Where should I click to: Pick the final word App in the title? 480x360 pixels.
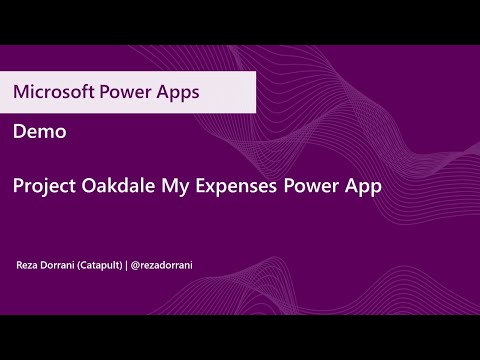[x=364, y=186]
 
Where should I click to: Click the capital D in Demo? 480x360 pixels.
[x=20, y=132]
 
